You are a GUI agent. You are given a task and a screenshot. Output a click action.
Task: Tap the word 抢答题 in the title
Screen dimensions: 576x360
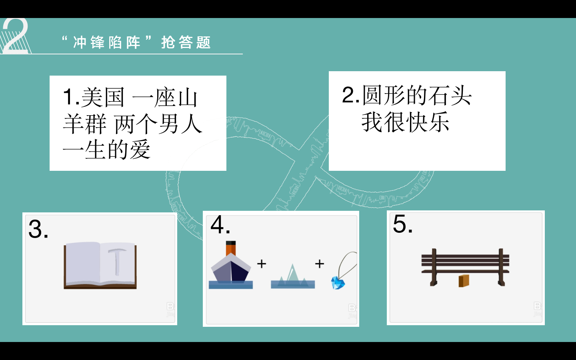point(186,42)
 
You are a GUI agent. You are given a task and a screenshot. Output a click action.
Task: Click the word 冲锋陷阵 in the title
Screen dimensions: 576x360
point(107,42)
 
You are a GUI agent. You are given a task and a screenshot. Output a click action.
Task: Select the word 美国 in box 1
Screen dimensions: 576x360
point(103,97)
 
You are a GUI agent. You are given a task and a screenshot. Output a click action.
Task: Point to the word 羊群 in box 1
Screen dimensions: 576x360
point(85,124)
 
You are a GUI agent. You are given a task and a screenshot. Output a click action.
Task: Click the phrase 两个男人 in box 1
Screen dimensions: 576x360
point(158,124)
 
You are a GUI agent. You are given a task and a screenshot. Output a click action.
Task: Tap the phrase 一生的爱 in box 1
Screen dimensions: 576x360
point(106,150)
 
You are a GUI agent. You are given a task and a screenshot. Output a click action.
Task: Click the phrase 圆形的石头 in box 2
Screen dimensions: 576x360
point(417,95)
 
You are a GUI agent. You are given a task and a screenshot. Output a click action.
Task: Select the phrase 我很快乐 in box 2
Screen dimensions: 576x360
point(406,122)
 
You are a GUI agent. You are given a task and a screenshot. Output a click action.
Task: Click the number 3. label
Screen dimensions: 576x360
point(38,229)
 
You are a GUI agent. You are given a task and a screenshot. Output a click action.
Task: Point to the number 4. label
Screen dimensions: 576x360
point(220,225)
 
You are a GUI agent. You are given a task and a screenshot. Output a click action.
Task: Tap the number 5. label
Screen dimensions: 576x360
point(403,224)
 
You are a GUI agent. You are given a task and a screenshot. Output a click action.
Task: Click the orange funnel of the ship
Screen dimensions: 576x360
point(231,248)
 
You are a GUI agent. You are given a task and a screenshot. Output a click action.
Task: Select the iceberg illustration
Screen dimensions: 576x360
point(293,276)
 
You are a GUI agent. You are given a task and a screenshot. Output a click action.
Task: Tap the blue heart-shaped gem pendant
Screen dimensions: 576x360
point(338,283)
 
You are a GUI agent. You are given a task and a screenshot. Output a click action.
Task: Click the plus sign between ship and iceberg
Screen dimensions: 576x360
point(262,264)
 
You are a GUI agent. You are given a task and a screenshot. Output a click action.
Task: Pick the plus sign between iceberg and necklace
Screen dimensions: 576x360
point(320,264)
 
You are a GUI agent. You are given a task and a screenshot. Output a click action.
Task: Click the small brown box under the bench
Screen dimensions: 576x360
point(464,281)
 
